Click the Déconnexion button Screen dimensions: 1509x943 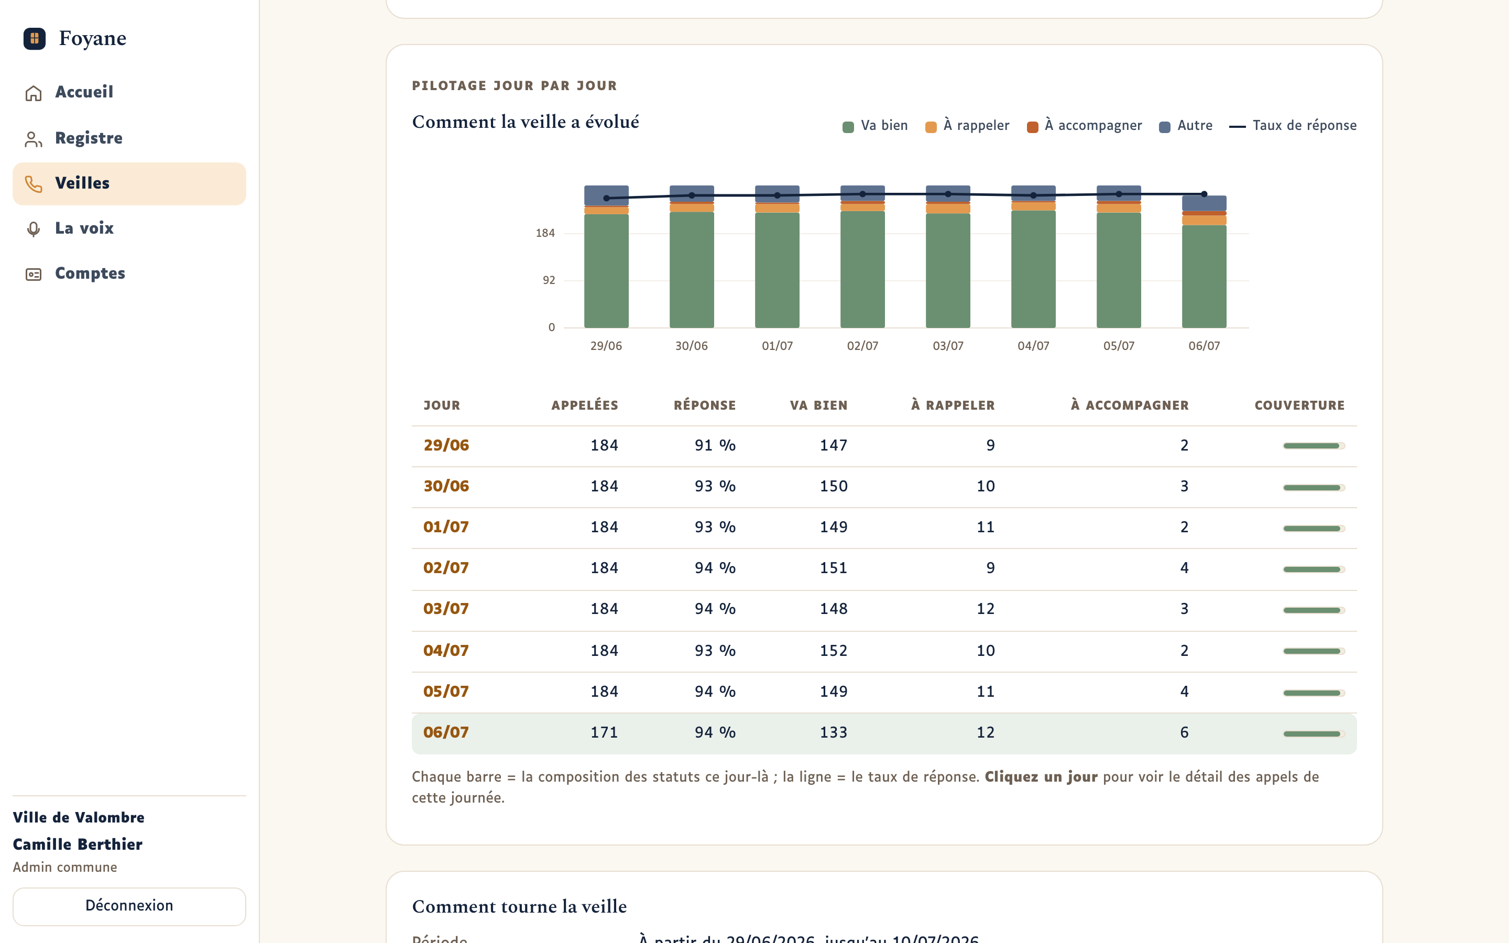click(129, 906)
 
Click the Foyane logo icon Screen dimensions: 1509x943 click(34, 39)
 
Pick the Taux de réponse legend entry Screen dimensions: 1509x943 click(1293, 126)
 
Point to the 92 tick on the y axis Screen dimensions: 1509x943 click(549, 281)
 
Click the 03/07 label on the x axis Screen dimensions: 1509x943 click(948, 346)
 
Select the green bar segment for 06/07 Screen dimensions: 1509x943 click(1204, 276)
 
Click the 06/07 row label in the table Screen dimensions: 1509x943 click(446, 732)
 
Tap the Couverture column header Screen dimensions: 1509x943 click(1299, 405)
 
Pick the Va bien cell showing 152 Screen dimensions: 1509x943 click(834, 651)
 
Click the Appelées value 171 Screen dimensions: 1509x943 click(604, 732)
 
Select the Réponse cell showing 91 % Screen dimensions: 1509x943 click(715, 445)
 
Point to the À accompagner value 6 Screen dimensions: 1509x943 click(1184, 732)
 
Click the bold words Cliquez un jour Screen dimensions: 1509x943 click(1041, 777)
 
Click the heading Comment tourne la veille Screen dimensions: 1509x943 click(519, 906)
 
